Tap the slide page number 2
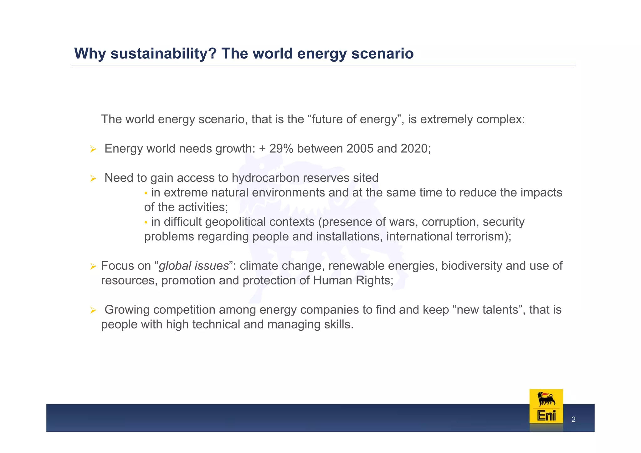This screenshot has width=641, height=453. (573, 420)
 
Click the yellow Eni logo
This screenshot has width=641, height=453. (546, 406)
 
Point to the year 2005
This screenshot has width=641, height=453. (360, 149)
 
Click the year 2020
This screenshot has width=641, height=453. (414, 149)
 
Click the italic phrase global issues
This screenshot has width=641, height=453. (194, 266)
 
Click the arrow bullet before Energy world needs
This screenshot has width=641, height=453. (93, 149)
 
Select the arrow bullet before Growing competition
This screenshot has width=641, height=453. (93, 310)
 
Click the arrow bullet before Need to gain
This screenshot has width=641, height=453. (93, 179)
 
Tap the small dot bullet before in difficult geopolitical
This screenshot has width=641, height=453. (146, 222)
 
